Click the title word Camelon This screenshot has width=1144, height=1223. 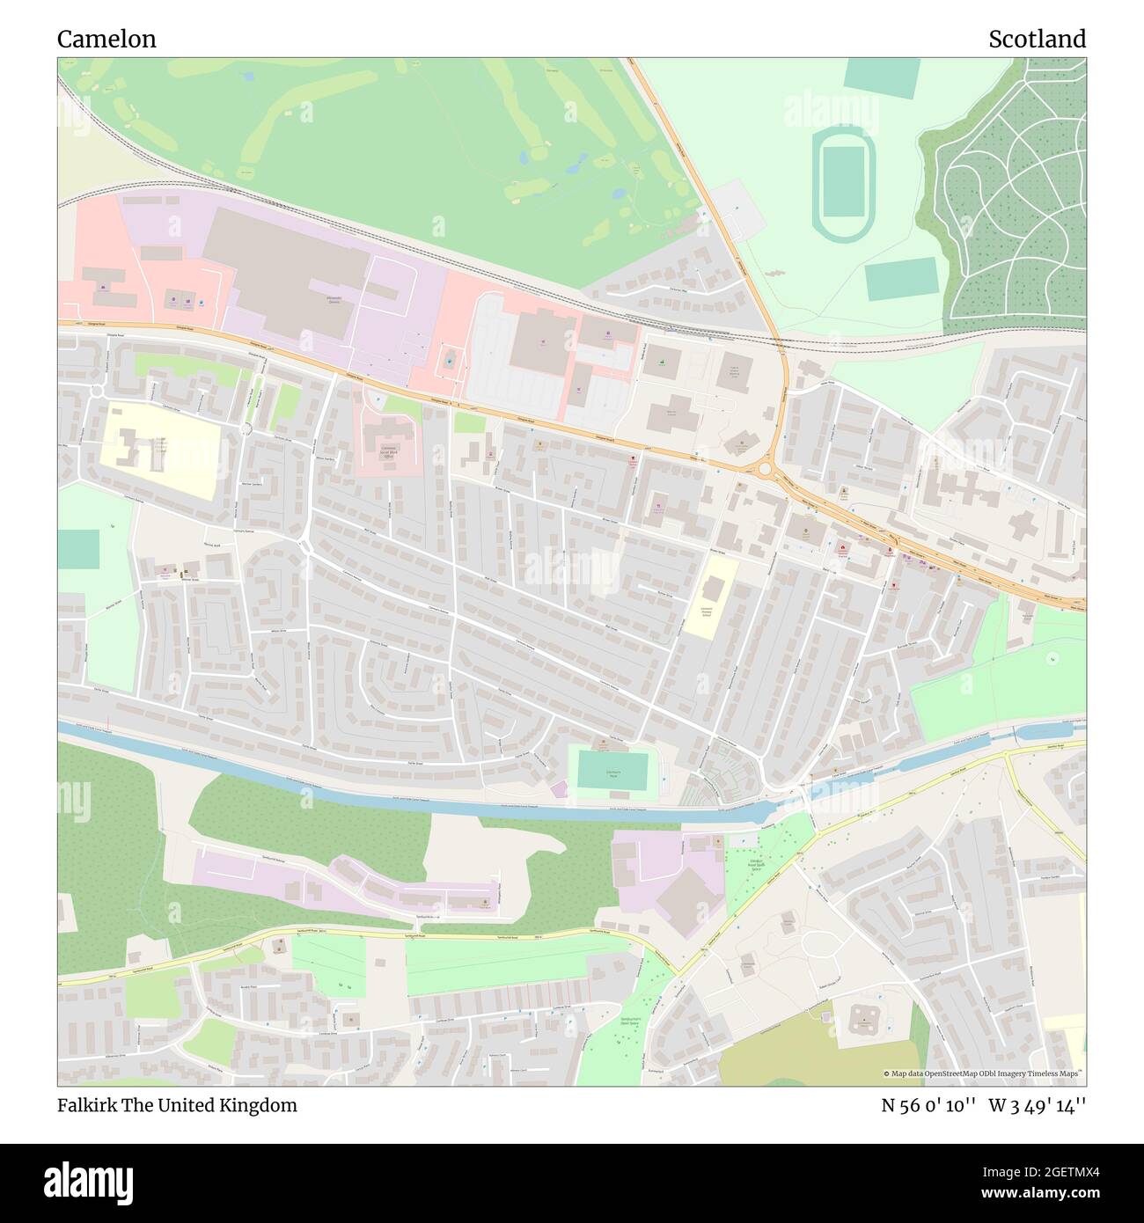[x=106, y=39]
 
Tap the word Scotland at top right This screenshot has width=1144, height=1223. [x=1037, y=39]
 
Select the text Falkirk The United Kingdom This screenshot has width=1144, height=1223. [x=177, y=1105]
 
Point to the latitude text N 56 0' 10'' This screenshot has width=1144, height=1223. [x=928, y=1105]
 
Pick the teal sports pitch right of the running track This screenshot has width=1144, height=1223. [x=901, y=279]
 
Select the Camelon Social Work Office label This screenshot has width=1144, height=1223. [x=387, y=453]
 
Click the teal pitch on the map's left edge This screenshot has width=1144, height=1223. [x=79, y=549]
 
